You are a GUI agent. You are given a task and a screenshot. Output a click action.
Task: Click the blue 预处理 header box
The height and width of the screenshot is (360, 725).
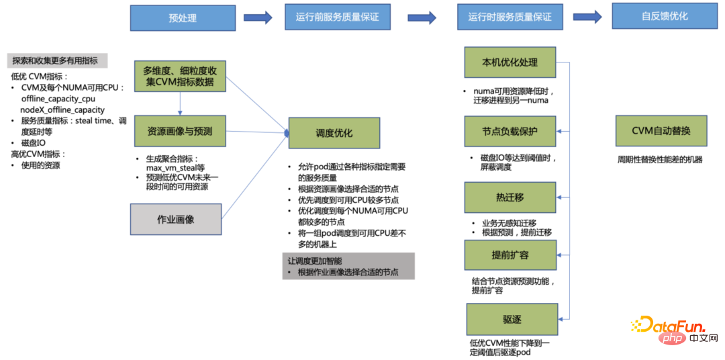[183, 18]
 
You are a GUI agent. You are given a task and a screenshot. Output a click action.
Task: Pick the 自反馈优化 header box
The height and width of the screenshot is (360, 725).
[664, 16]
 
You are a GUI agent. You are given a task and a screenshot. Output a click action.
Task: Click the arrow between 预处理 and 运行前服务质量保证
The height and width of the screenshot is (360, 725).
[258, 17]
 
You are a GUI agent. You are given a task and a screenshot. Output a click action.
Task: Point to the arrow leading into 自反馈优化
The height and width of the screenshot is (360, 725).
[587, 17]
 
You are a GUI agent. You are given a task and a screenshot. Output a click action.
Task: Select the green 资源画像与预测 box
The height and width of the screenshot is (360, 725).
[179, 132]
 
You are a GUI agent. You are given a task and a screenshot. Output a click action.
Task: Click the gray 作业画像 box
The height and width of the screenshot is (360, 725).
[175, 219]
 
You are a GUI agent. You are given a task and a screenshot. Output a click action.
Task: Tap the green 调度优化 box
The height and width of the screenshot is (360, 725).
[334, 133]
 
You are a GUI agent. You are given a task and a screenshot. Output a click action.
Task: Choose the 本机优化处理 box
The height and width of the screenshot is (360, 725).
[510, 62]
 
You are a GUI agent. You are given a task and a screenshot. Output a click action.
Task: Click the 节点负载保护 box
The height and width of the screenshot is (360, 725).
[510, 130]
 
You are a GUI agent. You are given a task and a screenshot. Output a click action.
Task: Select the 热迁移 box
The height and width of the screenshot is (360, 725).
[510, 197]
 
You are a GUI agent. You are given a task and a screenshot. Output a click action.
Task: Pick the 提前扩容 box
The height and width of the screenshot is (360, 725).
[510, 255]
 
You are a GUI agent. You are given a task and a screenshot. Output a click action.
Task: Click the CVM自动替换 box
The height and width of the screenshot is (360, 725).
[661, 130]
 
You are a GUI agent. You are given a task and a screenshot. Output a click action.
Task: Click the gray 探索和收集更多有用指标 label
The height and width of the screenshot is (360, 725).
[57, 60]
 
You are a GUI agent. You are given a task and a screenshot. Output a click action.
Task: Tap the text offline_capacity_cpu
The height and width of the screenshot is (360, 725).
[58, 99]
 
